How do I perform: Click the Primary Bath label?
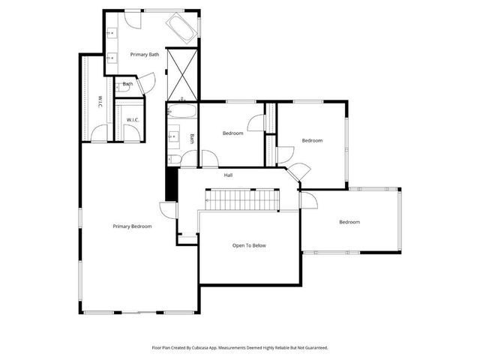pos(144,55)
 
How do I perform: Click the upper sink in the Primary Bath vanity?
pos(112,33)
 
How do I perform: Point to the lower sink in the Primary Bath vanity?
pos(112,57)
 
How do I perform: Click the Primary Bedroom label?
pos(133,226)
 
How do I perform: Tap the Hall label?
pos(228,175)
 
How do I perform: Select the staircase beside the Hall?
pos(242,199)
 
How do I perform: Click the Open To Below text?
pos(249,245)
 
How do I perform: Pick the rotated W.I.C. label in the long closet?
pos(100,102)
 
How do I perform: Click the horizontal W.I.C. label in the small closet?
pos(132,120)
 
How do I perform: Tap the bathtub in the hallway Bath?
pos(181,112)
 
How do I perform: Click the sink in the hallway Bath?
pos(173,136)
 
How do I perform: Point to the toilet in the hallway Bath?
pos(172,157)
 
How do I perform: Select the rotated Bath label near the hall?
pos(192,138)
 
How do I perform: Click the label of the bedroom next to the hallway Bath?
pos(232,133)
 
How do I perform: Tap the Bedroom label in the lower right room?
pos(349,222)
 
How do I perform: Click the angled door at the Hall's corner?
pos(297,172)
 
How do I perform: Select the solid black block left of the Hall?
pos(170,184)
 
